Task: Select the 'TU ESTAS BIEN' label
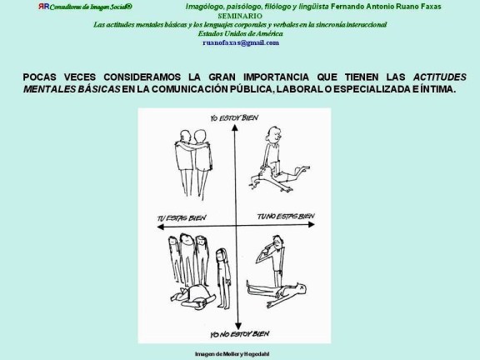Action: click(182, 221)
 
